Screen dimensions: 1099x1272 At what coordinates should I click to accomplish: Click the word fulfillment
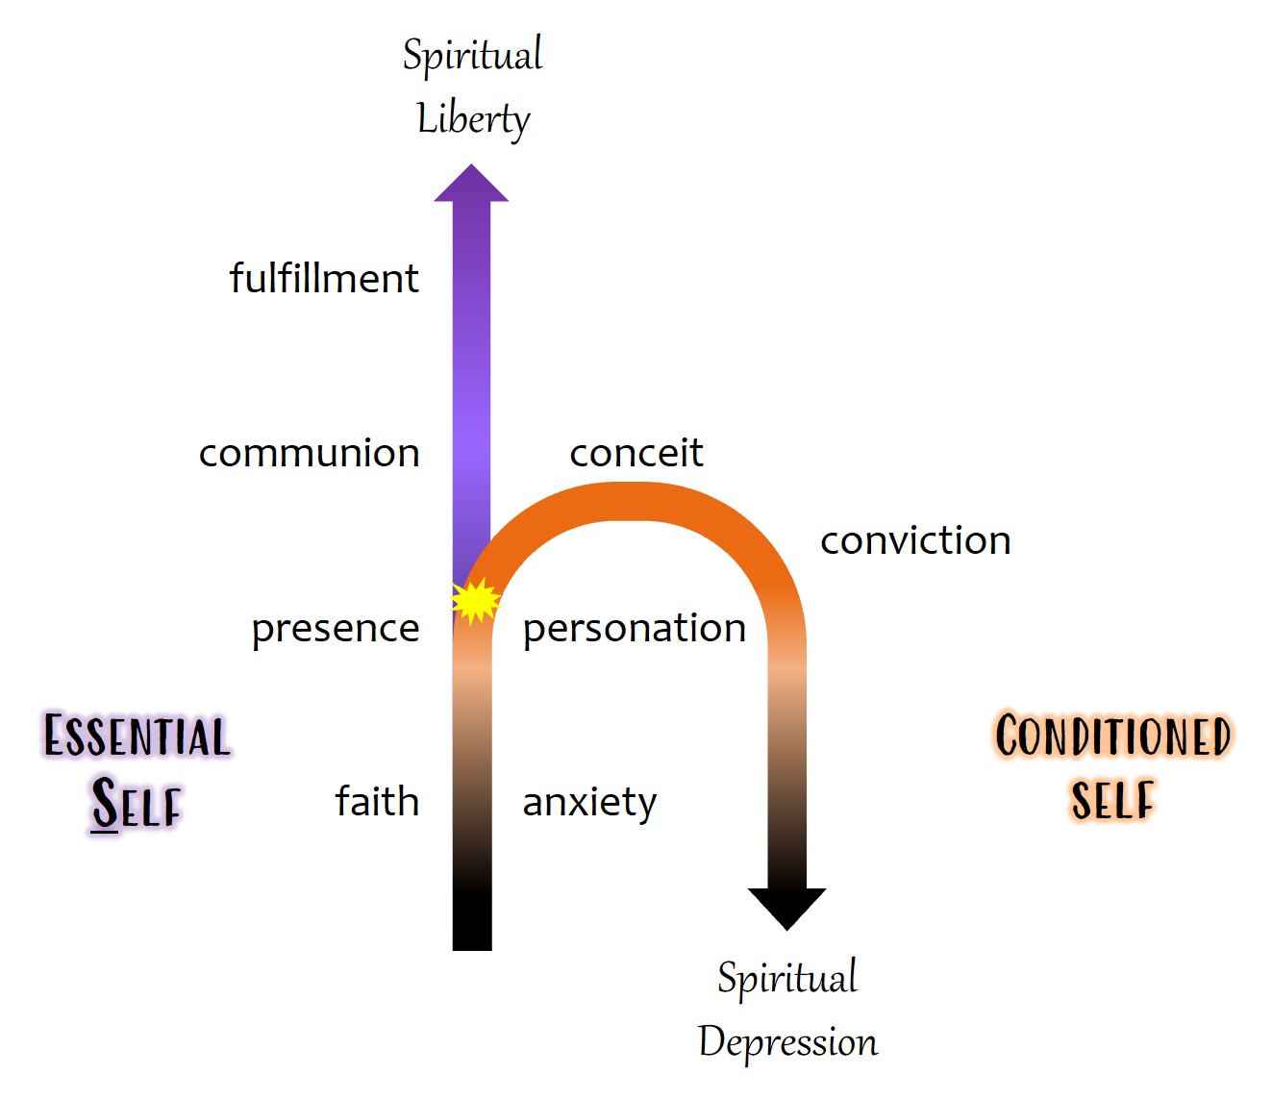click(x=323, y=279)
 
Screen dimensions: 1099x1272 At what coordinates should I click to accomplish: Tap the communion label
click(x=309, y=453)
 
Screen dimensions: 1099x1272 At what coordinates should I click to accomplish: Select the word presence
click(x=335, y=629)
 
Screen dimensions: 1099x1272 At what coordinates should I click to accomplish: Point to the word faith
click(x=377, y=801)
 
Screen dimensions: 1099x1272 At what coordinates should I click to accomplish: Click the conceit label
click(x=636, y=453)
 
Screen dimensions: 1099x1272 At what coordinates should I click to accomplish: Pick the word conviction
click(x=914, y=540)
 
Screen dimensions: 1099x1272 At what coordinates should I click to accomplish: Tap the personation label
click(x=634, y=629)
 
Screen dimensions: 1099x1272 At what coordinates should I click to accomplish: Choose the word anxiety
click(x=589, y=802)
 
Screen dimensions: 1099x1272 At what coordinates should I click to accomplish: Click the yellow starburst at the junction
click(x=475, y=601)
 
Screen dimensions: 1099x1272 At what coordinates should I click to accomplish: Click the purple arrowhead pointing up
click(x=471, y=186)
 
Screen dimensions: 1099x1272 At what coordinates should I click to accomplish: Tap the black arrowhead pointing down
click(x=786, y=907)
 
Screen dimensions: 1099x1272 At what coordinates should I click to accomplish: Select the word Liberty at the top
click(x=473, y=119)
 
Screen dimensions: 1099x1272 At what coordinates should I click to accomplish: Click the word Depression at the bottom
click(x=787, y=1042)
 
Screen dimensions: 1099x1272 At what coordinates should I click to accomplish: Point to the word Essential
click(x=137, y=737)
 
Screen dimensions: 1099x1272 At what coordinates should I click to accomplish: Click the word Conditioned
click(x=1112, y=737)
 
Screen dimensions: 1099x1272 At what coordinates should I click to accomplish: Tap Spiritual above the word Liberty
click(x=472, y=55)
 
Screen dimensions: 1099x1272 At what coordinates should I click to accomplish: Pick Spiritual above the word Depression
click(x=786, y=978)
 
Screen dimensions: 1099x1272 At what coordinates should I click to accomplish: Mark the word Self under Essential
click(x=137, y=803)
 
